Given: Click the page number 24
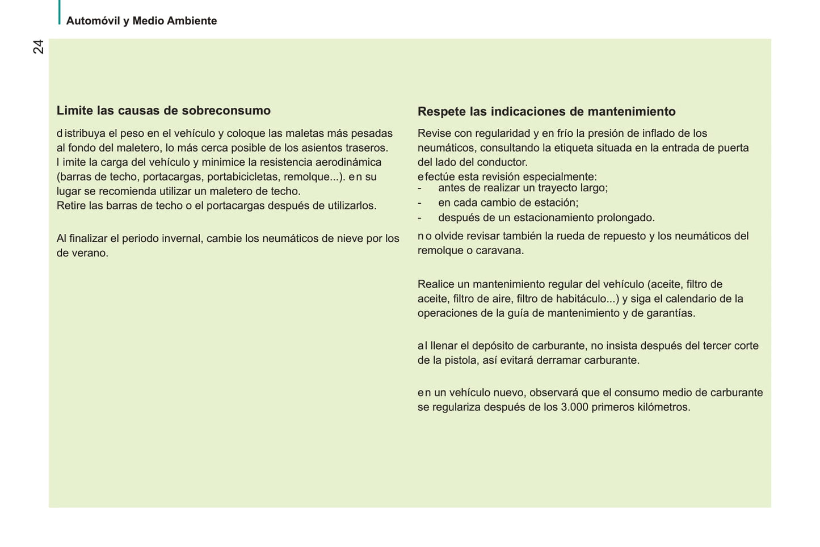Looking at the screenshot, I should (x=38, y=47).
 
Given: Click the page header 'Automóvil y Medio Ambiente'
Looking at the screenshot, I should (x=141, y=21).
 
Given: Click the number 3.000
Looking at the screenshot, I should (x=574, y=407).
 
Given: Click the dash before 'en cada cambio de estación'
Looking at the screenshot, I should (x=419, y=203).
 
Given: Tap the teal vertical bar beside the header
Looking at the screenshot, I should (x=59, y=12).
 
